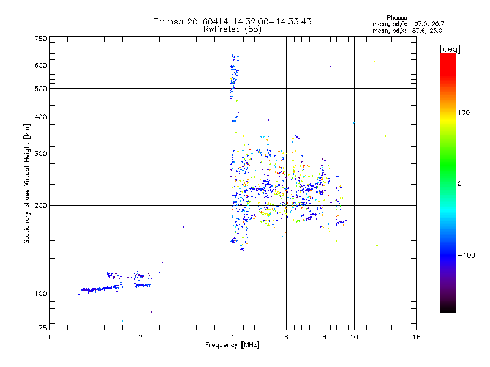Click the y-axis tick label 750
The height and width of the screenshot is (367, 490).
40,38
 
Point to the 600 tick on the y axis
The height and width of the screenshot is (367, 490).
40,65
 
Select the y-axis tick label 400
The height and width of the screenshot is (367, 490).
40,117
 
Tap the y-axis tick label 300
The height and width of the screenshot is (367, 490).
40,154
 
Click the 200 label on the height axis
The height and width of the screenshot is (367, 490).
40,205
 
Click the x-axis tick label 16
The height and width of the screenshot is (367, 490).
417,336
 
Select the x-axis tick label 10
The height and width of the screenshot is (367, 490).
353,336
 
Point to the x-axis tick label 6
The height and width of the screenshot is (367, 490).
286,336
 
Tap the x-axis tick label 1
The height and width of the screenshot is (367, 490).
50,336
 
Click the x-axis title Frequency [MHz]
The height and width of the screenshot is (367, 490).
232,346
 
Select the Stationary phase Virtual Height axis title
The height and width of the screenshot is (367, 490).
27,183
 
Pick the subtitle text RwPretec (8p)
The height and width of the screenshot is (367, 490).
232,29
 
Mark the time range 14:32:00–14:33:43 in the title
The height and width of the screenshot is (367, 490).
269,21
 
